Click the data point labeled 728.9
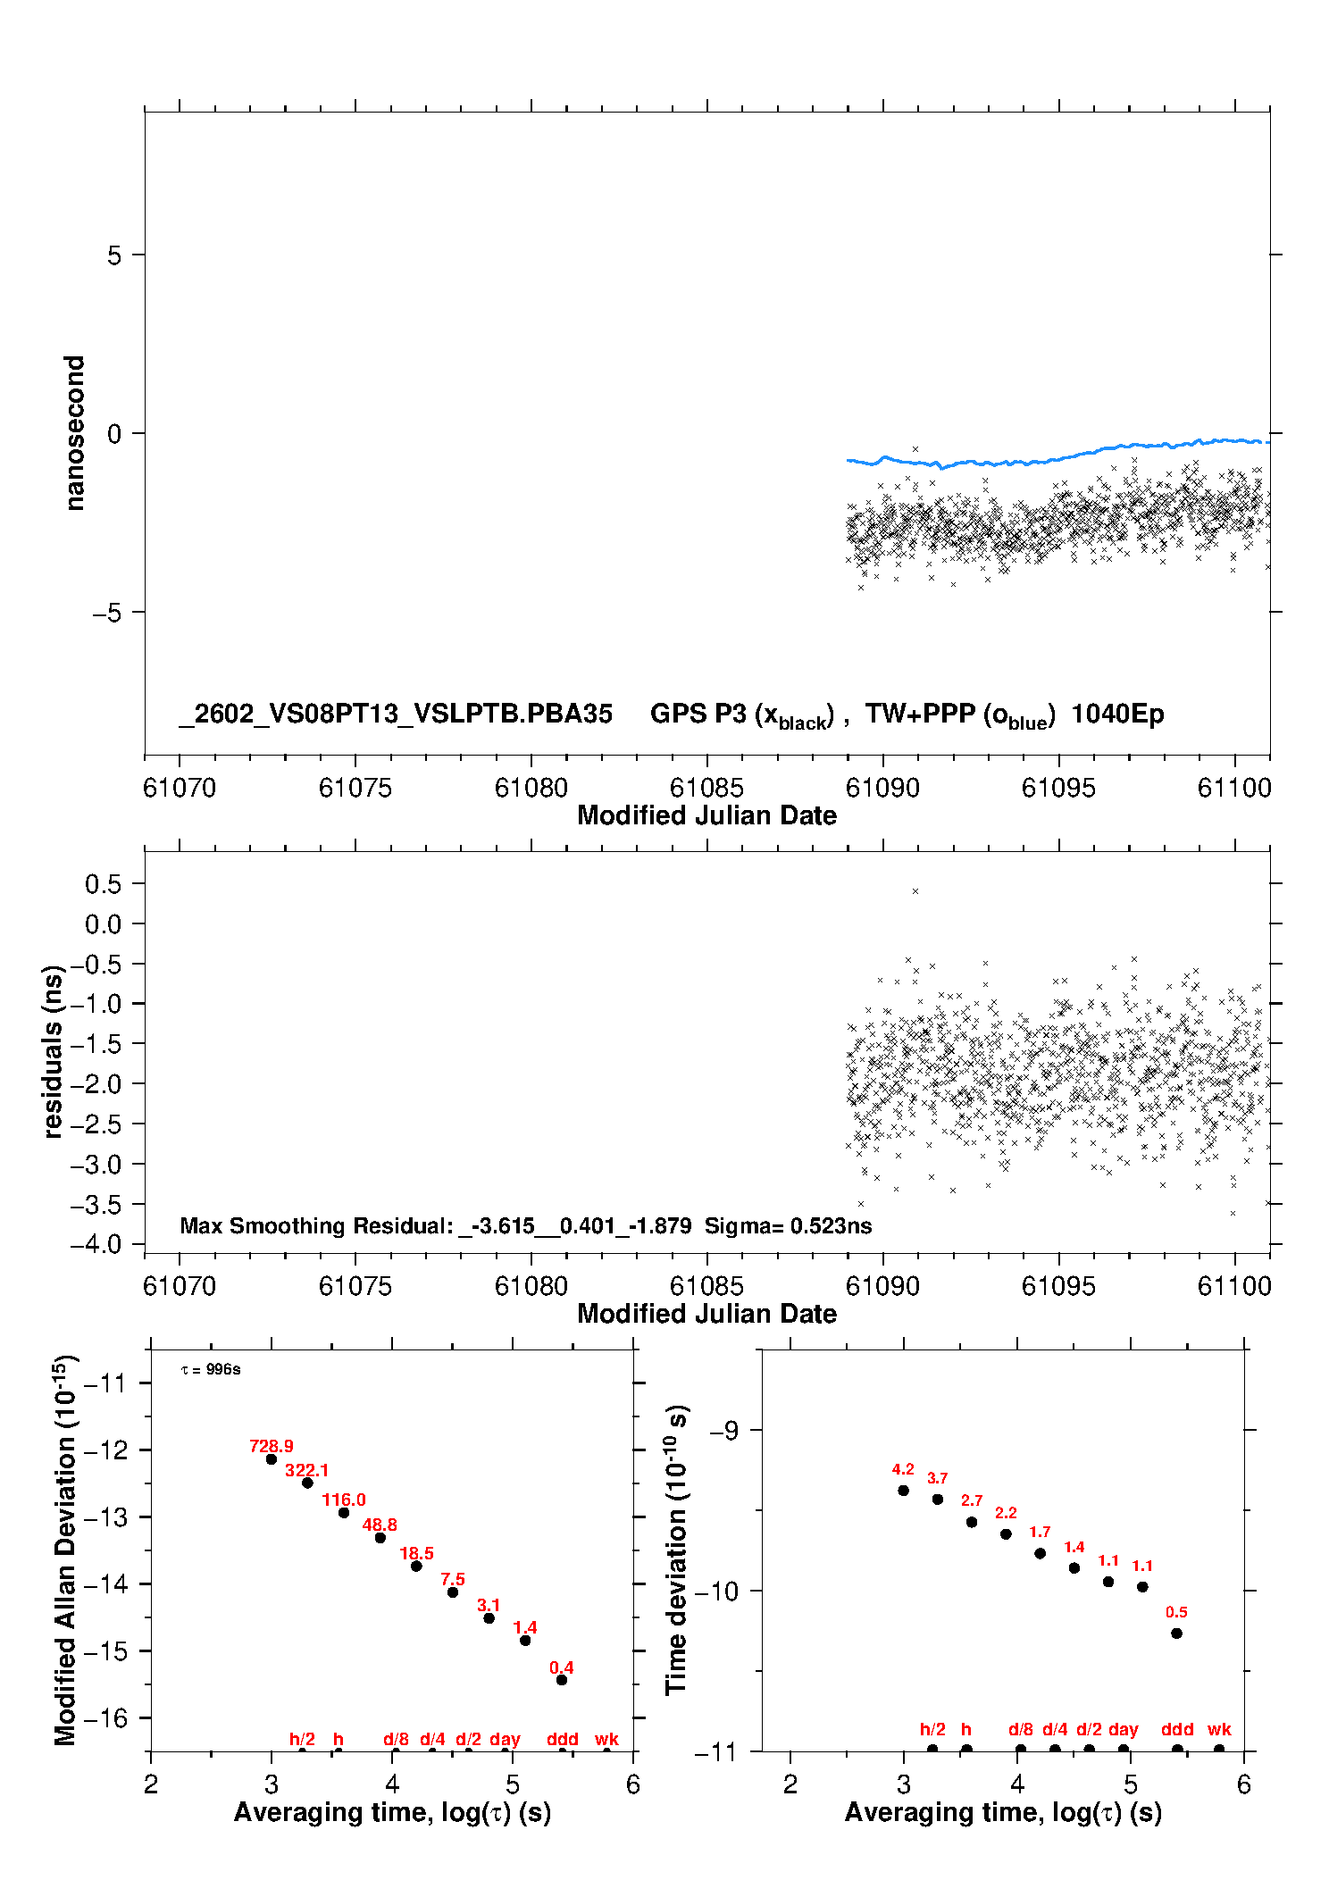(x=272, y=1459)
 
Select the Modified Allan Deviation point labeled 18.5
(x=416, y=1566)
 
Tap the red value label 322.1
(x=306, y=1470)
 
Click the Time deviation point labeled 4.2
(x=903, y=1491)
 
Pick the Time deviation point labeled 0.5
(x=1176, y=1634)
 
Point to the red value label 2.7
(x=972, y=1500)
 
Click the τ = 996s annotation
(x=211, y=1370)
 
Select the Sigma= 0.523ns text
(x=788, y=1225)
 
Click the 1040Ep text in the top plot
(x=1117, y=714)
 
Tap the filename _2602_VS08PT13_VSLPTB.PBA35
(x=396, y=714)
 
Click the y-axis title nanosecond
(x=75, y=433)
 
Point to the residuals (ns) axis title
(x=53, y=1051)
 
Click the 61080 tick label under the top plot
(x=531, y=788)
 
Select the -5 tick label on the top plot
(x=106, y=613)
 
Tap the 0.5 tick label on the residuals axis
(x=104, y=884)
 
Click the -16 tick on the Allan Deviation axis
(x=105, y=1717)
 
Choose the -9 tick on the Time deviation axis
(x=723, y=1431)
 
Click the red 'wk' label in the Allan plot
(x=606, y=1739)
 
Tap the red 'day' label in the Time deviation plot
(x=1123, y=1729)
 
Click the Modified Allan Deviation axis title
(x=67, y=1550)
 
